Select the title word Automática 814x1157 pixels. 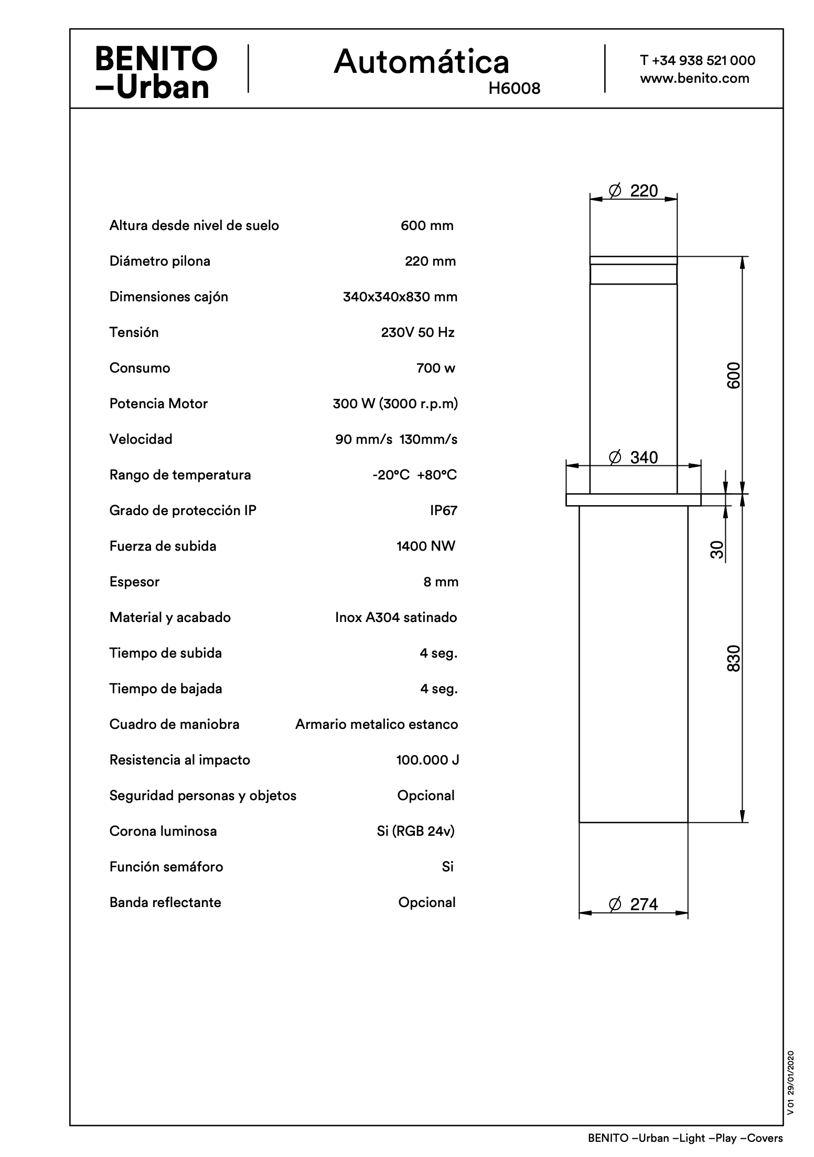coord(421,62)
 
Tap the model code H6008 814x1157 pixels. coord(514,89)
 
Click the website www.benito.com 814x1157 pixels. coord(694,79)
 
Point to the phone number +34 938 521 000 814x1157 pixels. coord(703,60)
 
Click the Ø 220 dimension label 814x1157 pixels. coord(633,191)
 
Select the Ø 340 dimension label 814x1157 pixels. coord(633,457)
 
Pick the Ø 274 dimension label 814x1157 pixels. coord(633,904)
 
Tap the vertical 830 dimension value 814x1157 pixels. coord(734,658)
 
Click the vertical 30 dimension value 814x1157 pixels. coord(717,550)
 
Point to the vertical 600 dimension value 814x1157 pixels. coord(734,375)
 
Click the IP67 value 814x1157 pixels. coord(444,510)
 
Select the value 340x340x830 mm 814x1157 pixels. coord(400,297)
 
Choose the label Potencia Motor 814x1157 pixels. coord(158,403)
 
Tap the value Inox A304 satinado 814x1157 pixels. coord(396,617)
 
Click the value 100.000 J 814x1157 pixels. coord(427,760)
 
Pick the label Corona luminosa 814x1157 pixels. coord(163,831)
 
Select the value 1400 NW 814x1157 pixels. coord(426,546)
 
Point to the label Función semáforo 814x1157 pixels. coord(166,867)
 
